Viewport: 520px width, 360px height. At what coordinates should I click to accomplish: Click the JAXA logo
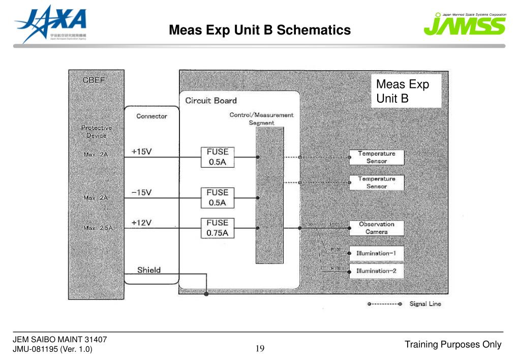50,23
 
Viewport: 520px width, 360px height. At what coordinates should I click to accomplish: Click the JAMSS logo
465,24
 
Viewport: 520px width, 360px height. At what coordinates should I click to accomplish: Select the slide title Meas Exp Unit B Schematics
260,30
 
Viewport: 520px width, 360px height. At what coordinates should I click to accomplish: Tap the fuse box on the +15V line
218,157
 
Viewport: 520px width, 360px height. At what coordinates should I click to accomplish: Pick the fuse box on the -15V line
218,197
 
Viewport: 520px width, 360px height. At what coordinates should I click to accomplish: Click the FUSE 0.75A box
218,228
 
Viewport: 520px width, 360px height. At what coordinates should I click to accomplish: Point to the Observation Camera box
376,228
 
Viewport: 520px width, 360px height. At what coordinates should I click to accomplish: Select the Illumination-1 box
376,253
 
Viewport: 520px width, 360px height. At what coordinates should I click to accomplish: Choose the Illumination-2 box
376,271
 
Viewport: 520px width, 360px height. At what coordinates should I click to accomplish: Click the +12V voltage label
142,222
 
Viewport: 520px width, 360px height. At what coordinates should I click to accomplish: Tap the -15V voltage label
142,192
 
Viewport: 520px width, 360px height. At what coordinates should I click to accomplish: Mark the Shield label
149,269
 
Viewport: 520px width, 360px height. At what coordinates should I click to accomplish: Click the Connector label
151,116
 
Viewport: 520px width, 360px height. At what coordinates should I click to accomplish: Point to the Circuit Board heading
211,100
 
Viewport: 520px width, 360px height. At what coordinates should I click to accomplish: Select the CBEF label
94,80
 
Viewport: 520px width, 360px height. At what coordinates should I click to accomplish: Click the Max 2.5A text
98,228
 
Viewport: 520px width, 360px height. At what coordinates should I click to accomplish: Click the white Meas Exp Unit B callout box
406,91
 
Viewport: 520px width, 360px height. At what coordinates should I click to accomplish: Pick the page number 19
260,348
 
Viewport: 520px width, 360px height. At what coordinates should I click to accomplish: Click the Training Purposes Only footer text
453,345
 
